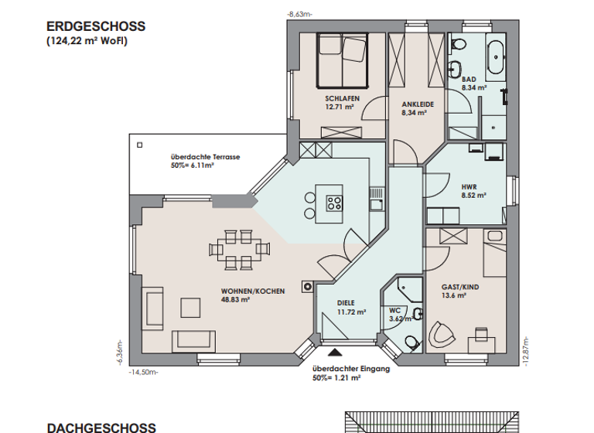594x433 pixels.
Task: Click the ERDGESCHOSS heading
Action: pyautogui.click(x=96, y=26)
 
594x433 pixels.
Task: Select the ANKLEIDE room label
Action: pyautogui.click(x=417, y=104)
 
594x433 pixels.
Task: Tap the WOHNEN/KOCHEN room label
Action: pyautogui.click(x=252, y=291)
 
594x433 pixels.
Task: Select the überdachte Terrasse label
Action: pyautogui.click(x=205, y=156)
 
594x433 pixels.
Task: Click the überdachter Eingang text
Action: pyautogui.click(x=350, y=370)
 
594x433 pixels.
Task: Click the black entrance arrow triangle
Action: pyautogui.click(x=344, y=353)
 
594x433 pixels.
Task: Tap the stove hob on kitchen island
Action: pyautogui.click(x=335, y=203)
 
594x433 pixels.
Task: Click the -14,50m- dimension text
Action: pyautogui.click(x=143, y=372)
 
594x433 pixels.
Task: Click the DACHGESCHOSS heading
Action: pyautogui.click(x=101, y=426)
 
